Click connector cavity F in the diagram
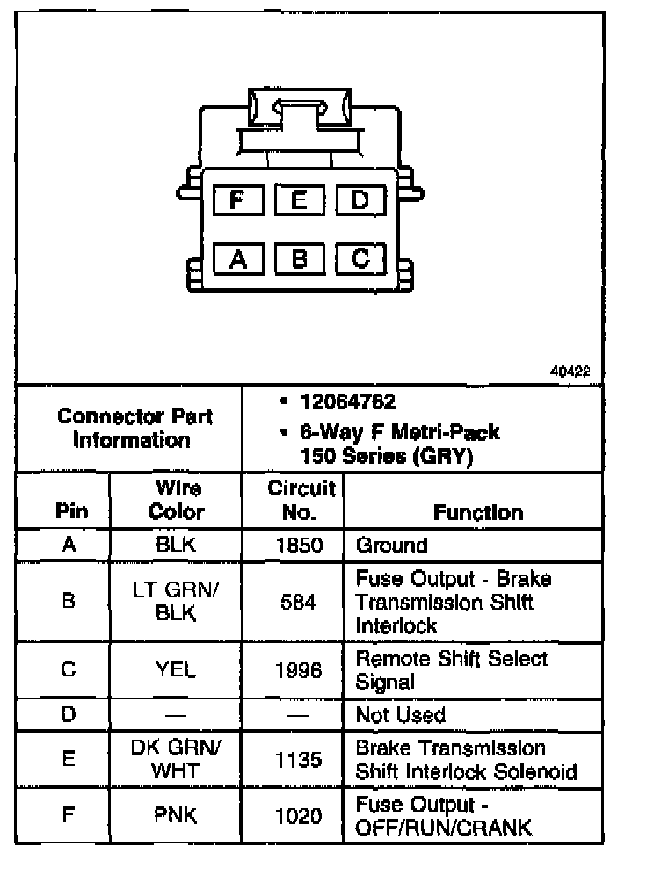tap(236, 199)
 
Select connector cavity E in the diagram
tap(299, 199)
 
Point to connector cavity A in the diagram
tap(236, 258)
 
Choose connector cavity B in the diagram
tap(299, 258)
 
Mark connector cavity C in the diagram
tap(360, 258)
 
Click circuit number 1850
tap(294, 545)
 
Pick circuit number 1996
tap(294, 670)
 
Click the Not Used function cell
tap(400, 715)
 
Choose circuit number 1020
tap(294, 816)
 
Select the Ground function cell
tap(391, 545)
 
